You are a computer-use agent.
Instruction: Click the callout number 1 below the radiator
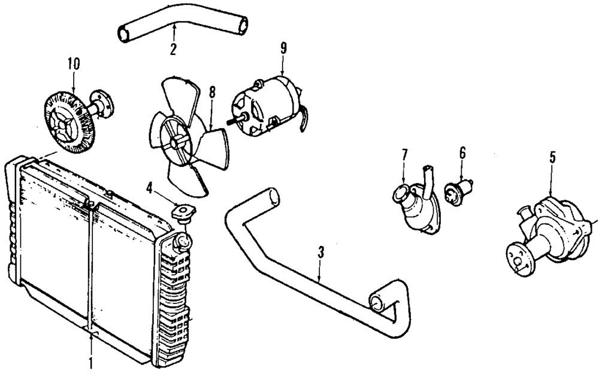point(91,363)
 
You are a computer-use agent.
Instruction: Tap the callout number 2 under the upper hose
point(173,49)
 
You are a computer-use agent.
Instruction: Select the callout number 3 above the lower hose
point(321,252)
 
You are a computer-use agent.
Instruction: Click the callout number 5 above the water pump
point(552,158)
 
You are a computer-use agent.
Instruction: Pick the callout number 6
point(462,153)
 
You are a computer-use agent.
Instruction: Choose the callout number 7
point(404,154)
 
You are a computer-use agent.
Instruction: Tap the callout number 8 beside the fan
point(211,93)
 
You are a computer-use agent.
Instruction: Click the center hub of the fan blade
point(177,144)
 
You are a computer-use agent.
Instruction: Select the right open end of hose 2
point(242,26)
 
